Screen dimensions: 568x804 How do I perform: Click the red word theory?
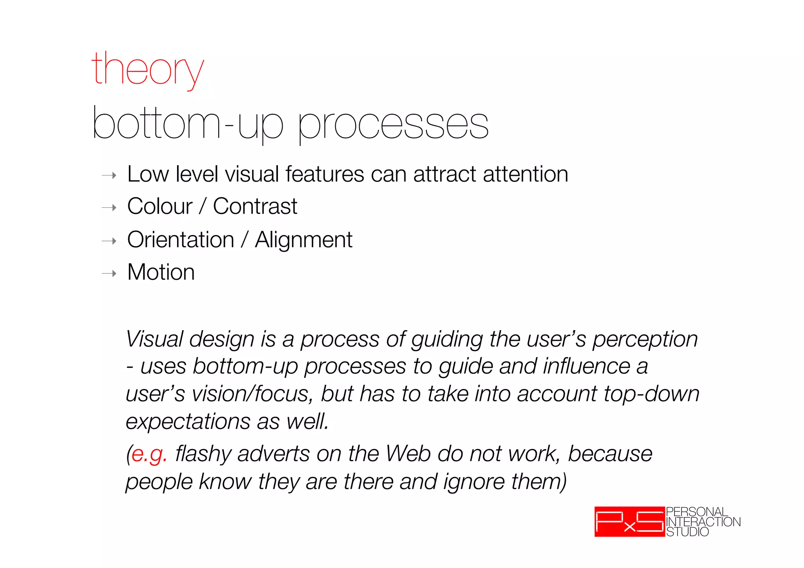pos(147,70)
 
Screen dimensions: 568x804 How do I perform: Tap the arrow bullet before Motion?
pos(109,273)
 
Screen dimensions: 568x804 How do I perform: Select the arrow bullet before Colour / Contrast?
pos(109,207)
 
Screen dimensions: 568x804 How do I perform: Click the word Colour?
pos(160,206)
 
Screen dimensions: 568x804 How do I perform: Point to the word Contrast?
pos(255,206)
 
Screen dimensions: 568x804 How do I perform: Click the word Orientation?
pos(181,240)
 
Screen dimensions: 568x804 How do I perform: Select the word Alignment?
pos(303,240)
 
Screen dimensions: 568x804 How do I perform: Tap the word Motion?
pos(161,272)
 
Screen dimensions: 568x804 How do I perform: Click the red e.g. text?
pos(149,455)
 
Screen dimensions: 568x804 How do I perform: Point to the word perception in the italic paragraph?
pos(645,340)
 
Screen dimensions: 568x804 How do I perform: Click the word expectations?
pos(188,422)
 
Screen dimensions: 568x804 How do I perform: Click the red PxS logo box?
pos(629,522)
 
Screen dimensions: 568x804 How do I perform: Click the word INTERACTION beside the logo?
pos(703,522)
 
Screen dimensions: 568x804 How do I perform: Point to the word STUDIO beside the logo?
pos(687,532)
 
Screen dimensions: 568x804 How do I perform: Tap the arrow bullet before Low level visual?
pos(109,175)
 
